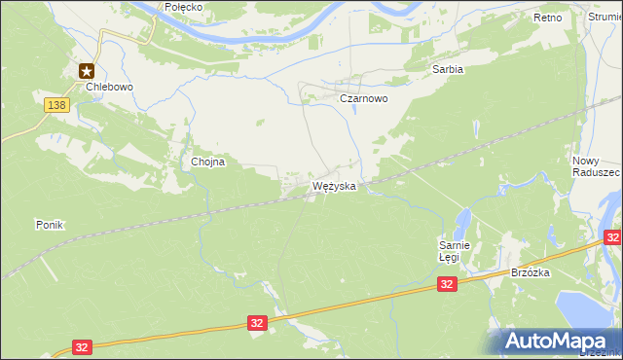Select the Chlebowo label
108,86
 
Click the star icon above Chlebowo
87,69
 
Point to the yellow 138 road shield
56,103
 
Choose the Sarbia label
447,69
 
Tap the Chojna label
208,162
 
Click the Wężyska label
334,185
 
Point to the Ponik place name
50,225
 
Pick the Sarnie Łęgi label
455,252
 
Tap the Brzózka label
531,273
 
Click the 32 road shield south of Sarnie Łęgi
447,284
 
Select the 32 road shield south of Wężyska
257,322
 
